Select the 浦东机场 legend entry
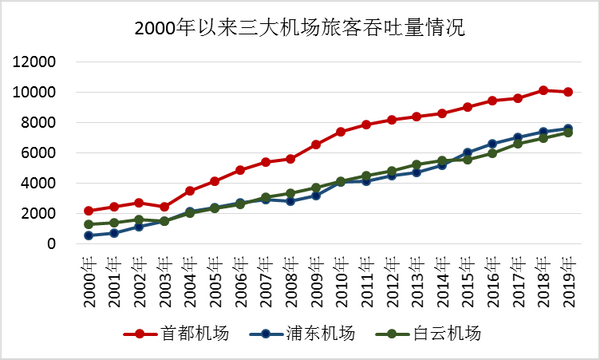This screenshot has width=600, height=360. [300, 331]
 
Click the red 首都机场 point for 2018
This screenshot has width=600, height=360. [543, 90]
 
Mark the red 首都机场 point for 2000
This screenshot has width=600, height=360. [89, 211]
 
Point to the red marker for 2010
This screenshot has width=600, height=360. [341, 132]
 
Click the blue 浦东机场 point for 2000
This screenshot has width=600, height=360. [89, 236]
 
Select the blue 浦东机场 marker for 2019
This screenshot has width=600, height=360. [568, 128]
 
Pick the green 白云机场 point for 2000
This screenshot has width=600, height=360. [89, 224]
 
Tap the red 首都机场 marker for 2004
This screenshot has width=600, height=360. [190, 191]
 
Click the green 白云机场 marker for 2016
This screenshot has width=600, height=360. [492, 153]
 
